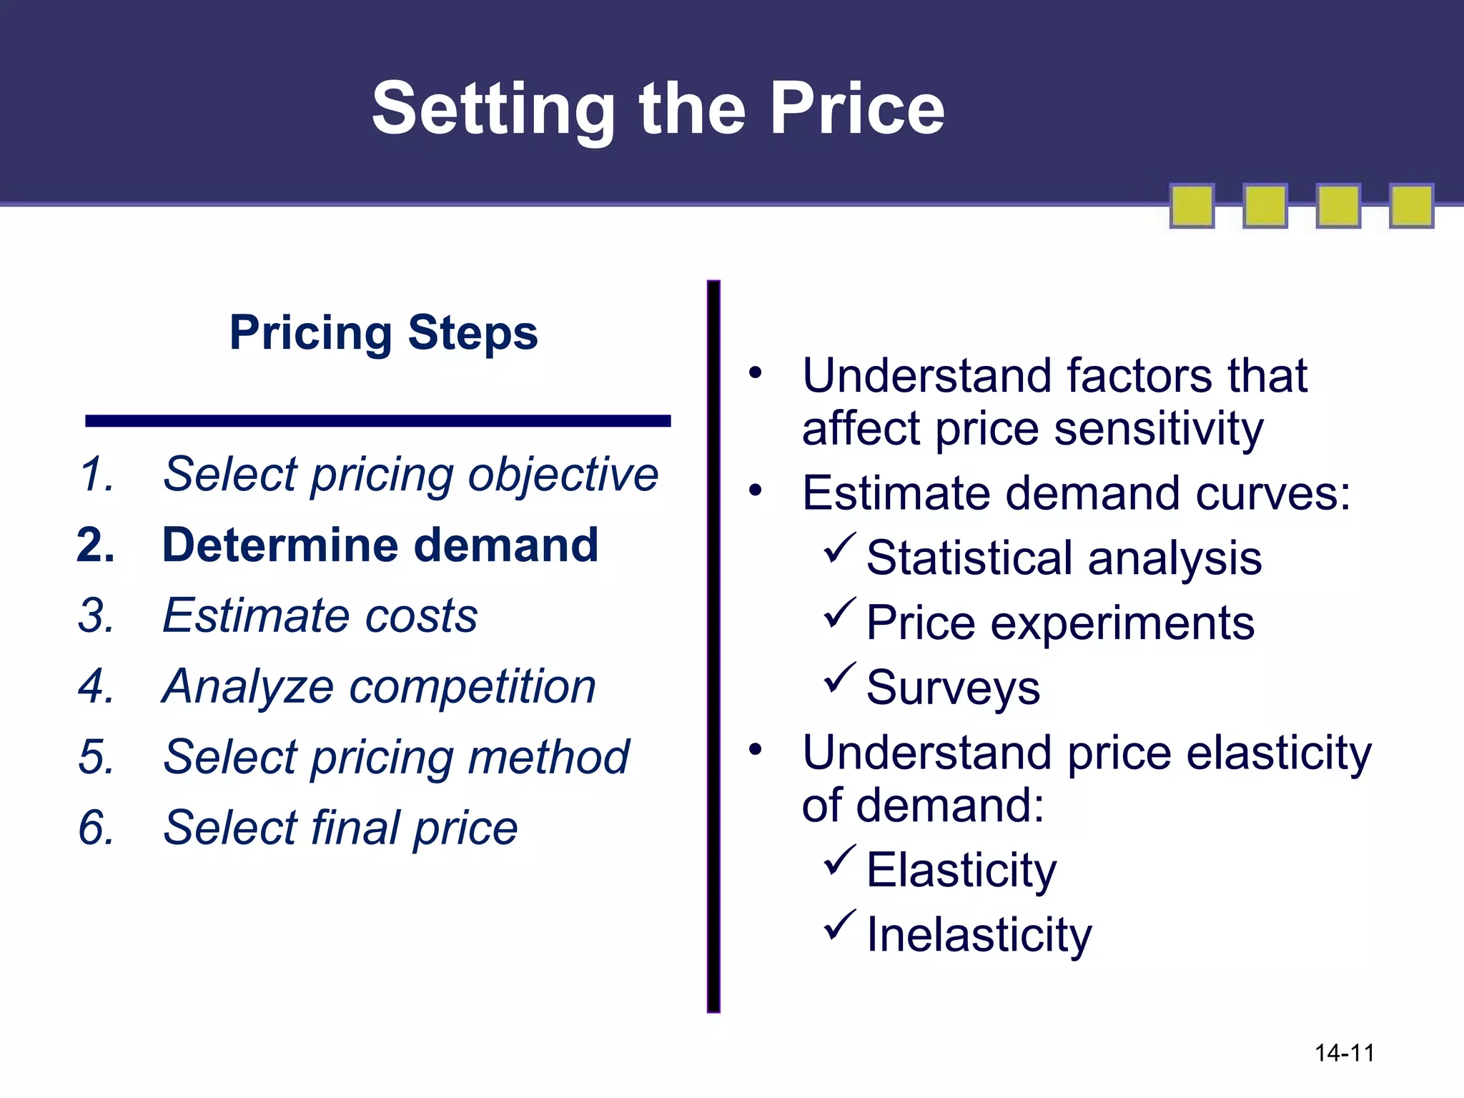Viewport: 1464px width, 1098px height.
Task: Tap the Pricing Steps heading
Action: click(383, 332)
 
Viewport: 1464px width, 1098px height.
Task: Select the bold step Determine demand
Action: click(380, 545)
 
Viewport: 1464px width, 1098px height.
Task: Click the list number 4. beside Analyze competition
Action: click(97, 686)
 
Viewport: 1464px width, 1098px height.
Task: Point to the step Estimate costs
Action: click(320, 615)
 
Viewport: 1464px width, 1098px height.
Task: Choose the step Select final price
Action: click(340, 828)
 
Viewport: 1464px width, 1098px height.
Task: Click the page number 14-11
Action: click(1344, 1053)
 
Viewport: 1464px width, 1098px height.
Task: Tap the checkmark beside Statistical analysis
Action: click(839, 549)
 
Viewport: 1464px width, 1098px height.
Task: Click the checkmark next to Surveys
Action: click(839, 678)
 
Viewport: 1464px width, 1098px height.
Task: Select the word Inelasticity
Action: click(979, 935)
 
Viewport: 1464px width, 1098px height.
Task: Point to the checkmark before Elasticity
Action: click(839, 861)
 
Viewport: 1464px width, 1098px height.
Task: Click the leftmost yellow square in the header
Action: click(1192, 206)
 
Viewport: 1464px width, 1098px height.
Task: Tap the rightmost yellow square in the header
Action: click(1411, 206)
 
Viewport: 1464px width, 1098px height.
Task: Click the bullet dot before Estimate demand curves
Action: click(756, 491)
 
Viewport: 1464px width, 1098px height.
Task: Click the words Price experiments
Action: click(1060, 623)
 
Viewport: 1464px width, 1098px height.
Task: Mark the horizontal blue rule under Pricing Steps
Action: click(377, 421)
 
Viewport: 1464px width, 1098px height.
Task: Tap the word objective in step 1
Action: click(563, 475)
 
